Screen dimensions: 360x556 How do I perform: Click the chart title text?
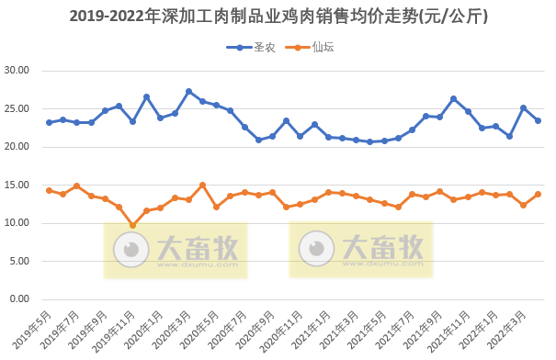tap(278, 17)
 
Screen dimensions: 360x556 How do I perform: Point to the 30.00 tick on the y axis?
tap(17, 71)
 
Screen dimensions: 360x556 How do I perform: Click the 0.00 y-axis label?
tap(20, 299)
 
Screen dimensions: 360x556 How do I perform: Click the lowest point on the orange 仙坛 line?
tap(132, 225)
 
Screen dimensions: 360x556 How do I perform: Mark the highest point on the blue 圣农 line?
tap(188, 91)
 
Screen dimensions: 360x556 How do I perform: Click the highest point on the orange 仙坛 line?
tap(202, 185)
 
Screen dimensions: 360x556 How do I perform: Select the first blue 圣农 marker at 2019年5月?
tap(49, 122)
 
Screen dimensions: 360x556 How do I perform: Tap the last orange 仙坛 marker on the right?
tap(538, 194)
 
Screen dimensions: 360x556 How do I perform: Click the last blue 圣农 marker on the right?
tap(538, 120)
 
